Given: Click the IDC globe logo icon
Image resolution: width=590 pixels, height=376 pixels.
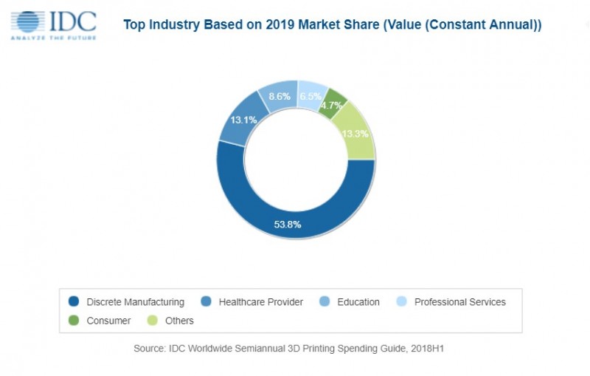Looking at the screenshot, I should tap(28, 21).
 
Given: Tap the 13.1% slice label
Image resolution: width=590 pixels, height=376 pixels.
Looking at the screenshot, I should tap(243, 120).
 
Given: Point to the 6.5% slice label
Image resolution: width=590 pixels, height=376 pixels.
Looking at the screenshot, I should tap(311, 96).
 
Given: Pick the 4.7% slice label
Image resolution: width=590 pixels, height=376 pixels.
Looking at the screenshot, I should tap(333, 106).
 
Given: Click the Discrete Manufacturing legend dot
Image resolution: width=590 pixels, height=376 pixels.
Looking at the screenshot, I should tap(74, 302).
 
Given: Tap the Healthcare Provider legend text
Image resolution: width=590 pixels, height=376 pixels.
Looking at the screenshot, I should tap(261, 302).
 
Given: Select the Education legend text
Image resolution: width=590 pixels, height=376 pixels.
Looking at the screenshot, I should tap(358, 302).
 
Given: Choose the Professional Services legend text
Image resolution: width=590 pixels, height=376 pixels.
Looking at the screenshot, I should tap(459, 302).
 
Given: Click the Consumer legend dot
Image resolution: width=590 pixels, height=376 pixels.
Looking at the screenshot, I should tap(74, 321).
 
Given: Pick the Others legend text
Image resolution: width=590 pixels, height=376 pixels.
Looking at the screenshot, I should tap(179, 321).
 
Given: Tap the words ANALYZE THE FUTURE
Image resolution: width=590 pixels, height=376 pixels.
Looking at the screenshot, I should tap(53, 37).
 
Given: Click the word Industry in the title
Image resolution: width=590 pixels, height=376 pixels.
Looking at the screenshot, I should tap(181, 25).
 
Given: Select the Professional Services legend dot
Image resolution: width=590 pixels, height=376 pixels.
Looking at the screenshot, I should tap(402, 302).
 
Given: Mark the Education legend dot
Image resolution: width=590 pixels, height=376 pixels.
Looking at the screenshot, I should tap(324, 302).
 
